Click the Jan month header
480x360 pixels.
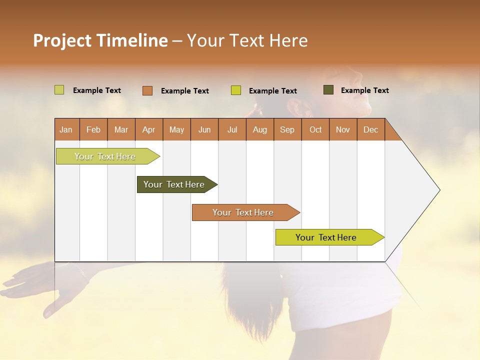(66, 129)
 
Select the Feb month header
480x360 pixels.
(93, 129)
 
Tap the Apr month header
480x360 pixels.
(148, 129)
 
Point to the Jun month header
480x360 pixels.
(204, 129)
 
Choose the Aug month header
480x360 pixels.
(259, 129)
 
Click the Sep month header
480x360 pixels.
(287, 129)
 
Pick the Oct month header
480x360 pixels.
(315, 129)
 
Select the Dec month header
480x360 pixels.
(370, 129)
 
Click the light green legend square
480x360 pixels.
(59, 90)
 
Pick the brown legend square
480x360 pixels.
(147, 90)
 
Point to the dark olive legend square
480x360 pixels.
(328, 90)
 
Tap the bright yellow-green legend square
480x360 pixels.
(235, 90)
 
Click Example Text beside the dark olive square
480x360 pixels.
(364, 90)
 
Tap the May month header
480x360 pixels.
(176, 129)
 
